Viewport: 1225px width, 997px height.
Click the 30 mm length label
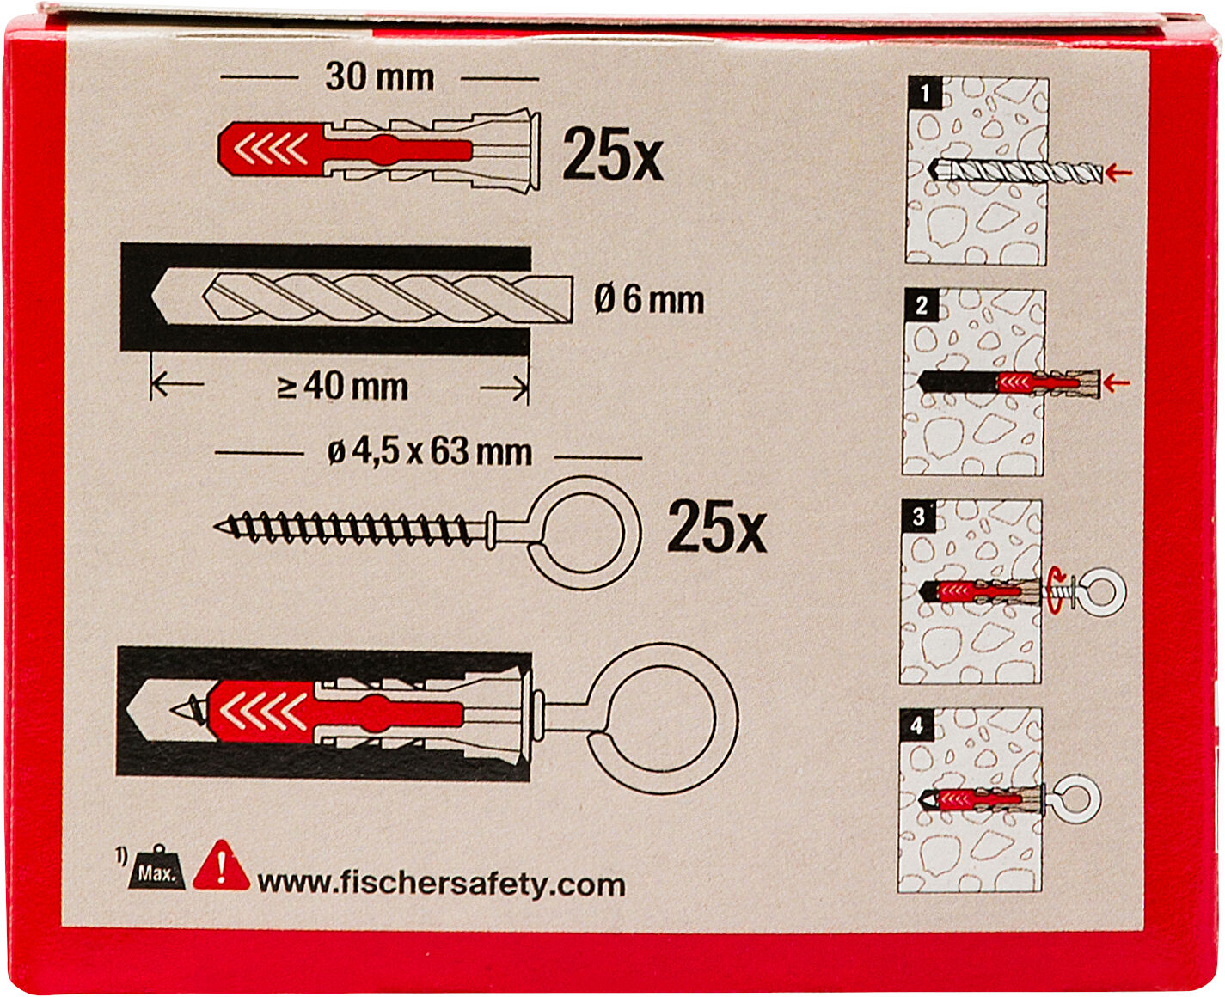(x=380, y=77)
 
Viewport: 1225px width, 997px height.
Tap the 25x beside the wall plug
(x=612, y=155)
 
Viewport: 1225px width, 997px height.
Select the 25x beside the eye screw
(x=717, y=526)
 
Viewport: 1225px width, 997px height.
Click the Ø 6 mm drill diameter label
(x=649, y=300)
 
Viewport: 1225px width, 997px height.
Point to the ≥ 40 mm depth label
(x=342, y=387)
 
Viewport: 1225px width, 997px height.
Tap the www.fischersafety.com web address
(x=441, y=884)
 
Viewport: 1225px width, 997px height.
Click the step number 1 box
(x=925, y=93)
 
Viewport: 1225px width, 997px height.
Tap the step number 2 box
(x=922, y=305)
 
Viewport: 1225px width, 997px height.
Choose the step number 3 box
(x=918, y=516)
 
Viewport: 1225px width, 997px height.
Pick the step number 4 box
(x=916, y=725)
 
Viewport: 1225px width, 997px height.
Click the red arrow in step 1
(x=1119, y=172)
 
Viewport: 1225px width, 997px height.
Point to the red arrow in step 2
(x=1117, y=382)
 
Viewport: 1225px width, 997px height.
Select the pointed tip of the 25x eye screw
(x=217, y=525)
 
